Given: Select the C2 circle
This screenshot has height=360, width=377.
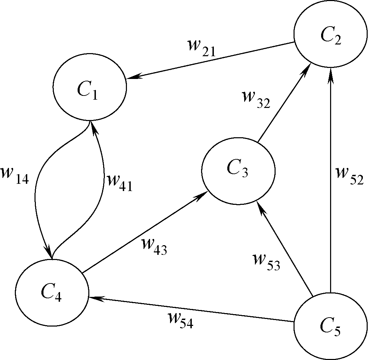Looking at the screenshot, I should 330,34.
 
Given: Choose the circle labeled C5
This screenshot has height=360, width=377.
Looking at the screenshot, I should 330,326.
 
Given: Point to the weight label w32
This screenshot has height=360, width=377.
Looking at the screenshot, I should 256,99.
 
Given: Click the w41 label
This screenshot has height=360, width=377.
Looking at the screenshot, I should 119,182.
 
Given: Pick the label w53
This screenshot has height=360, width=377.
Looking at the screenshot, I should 266,262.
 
